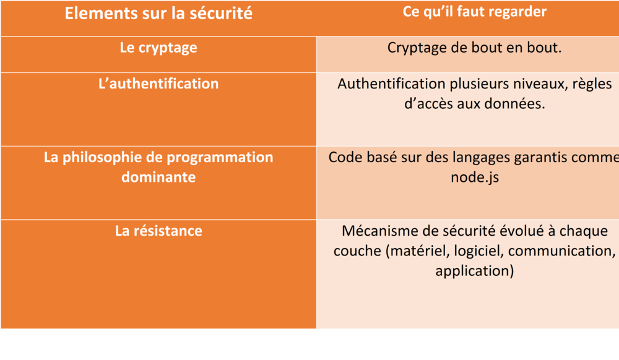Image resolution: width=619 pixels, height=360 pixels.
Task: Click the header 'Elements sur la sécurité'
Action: pos(158,14)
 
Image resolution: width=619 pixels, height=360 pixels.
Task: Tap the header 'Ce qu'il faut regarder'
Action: pos(475,12)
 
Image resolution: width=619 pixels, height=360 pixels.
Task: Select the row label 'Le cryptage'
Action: pos(158,48)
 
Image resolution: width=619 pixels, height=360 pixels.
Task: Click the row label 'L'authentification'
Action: pos(158,84)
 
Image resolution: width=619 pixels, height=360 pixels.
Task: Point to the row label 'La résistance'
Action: pos(158,231)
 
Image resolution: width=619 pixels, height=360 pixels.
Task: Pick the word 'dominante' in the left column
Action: pos(158,177)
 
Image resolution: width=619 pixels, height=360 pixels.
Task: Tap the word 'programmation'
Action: pos(220,158)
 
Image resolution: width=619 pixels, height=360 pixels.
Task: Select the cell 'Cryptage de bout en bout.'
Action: pos(474,48)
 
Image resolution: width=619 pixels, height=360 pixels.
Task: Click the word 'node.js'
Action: pos(475,177)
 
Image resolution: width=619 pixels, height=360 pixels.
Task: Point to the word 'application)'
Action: pos(475,271)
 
